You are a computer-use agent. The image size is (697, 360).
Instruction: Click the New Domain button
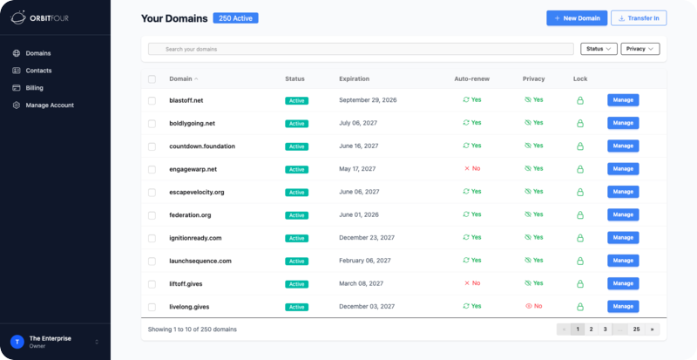576,17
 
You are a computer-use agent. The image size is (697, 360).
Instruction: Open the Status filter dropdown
599,49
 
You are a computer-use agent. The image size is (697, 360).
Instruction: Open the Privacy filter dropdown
640,49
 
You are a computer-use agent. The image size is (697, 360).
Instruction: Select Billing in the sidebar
35,87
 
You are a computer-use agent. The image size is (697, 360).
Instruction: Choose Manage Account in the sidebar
50,105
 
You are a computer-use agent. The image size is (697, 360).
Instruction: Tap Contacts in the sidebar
38,70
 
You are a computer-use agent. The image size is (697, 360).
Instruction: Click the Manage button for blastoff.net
623,100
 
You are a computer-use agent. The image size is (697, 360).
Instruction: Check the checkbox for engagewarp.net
152,168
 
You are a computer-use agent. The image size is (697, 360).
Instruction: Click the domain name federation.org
190,214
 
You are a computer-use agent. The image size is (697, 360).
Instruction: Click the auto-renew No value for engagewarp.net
472,168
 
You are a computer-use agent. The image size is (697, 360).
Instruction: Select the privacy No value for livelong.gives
533,306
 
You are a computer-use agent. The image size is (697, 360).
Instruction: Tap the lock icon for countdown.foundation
580,146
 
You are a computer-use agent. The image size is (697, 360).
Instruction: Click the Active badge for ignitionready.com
296,238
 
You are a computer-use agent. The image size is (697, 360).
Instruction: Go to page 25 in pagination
637,329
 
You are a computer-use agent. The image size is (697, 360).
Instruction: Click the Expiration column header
354,78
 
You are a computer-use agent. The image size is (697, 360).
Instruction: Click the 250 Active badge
235,17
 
